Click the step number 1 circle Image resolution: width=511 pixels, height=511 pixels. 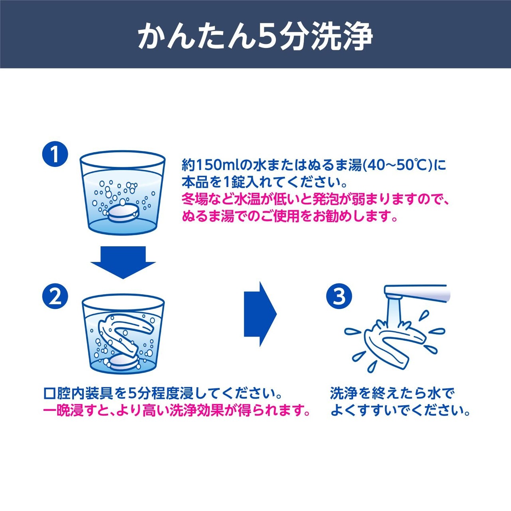click(55, 155)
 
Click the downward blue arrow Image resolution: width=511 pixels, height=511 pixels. click(123, 262)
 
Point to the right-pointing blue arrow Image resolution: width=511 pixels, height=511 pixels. click(260, 314)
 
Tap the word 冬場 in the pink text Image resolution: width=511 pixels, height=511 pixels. click(195, 200)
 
